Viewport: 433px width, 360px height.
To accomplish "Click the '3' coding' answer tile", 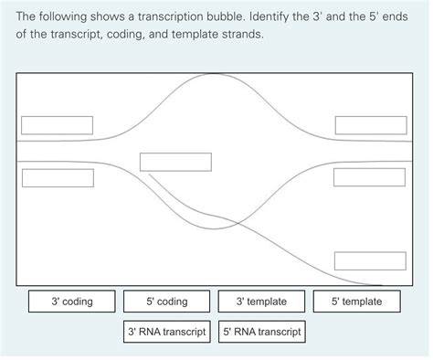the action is coord(72,302).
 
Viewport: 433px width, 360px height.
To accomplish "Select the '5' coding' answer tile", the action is coord(167,302).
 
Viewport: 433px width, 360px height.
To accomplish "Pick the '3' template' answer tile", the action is coord(261,302).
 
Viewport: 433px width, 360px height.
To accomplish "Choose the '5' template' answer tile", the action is coord(357,302).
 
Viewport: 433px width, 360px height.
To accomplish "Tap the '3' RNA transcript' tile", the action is coord(167,332).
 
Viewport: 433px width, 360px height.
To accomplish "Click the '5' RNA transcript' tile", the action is coord(262,332).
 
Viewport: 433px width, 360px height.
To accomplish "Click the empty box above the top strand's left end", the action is coord(57,125).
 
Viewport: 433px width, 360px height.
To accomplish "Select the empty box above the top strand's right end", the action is coord(371,125).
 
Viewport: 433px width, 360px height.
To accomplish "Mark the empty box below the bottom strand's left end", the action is coord(58,178).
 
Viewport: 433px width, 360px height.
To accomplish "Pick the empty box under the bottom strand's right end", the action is coord(369,177).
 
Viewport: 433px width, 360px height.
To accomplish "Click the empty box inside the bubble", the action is coord(175,162).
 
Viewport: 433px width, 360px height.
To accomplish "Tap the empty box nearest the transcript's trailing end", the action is coord(370,261).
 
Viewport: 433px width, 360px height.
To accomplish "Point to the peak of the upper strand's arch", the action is coord(215,74).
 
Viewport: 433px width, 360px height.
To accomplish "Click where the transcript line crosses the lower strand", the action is coord(238,223).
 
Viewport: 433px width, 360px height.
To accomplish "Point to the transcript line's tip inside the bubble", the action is coord(149,175).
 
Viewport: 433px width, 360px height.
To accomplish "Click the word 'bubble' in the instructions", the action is coord(226,16).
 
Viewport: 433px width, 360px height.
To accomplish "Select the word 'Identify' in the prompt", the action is coord(269,17).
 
